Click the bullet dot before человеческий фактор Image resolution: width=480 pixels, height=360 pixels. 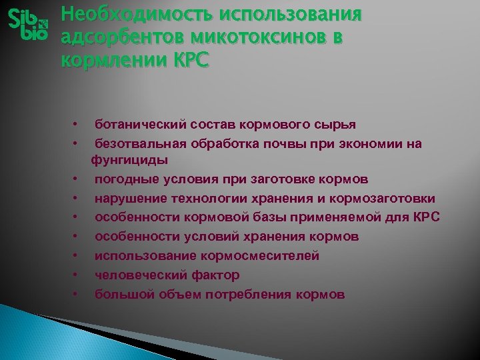tap(77, 275)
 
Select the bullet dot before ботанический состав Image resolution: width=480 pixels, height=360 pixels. tap(77, 125)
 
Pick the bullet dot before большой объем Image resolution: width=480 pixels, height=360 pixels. tap(77, 294)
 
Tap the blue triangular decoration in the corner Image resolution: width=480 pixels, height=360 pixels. tap(40, 337)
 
